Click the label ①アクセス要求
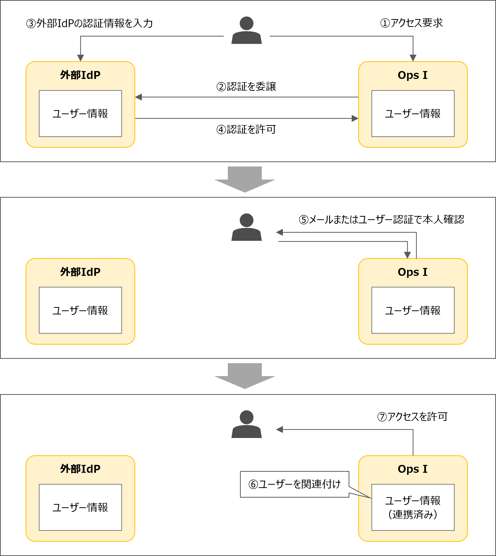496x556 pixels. coord(411,23)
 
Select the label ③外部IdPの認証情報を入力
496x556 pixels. coord(89,23)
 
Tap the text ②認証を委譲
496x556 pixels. coord(246,87)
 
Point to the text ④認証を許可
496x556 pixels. coord(246,129)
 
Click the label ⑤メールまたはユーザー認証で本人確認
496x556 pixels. coord(381,220)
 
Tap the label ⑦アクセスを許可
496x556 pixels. coord(412,417)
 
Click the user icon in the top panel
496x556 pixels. coord(246,30)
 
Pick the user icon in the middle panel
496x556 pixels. coord(246,227)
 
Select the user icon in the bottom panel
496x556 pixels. coord(246,424)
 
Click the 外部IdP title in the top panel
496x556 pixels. coord(80,75)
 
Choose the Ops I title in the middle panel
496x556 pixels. coord(413,272)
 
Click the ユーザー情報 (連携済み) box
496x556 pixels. coord(413,507)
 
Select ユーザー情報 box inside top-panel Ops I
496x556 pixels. coord(413,114)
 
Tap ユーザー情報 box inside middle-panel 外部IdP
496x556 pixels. coord(80,310)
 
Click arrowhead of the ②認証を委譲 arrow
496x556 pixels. coord(139,97)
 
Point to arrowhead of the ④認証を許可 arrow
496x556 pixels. coord(355,119)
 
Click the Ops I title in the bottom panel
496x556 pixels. coord(413,469)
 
